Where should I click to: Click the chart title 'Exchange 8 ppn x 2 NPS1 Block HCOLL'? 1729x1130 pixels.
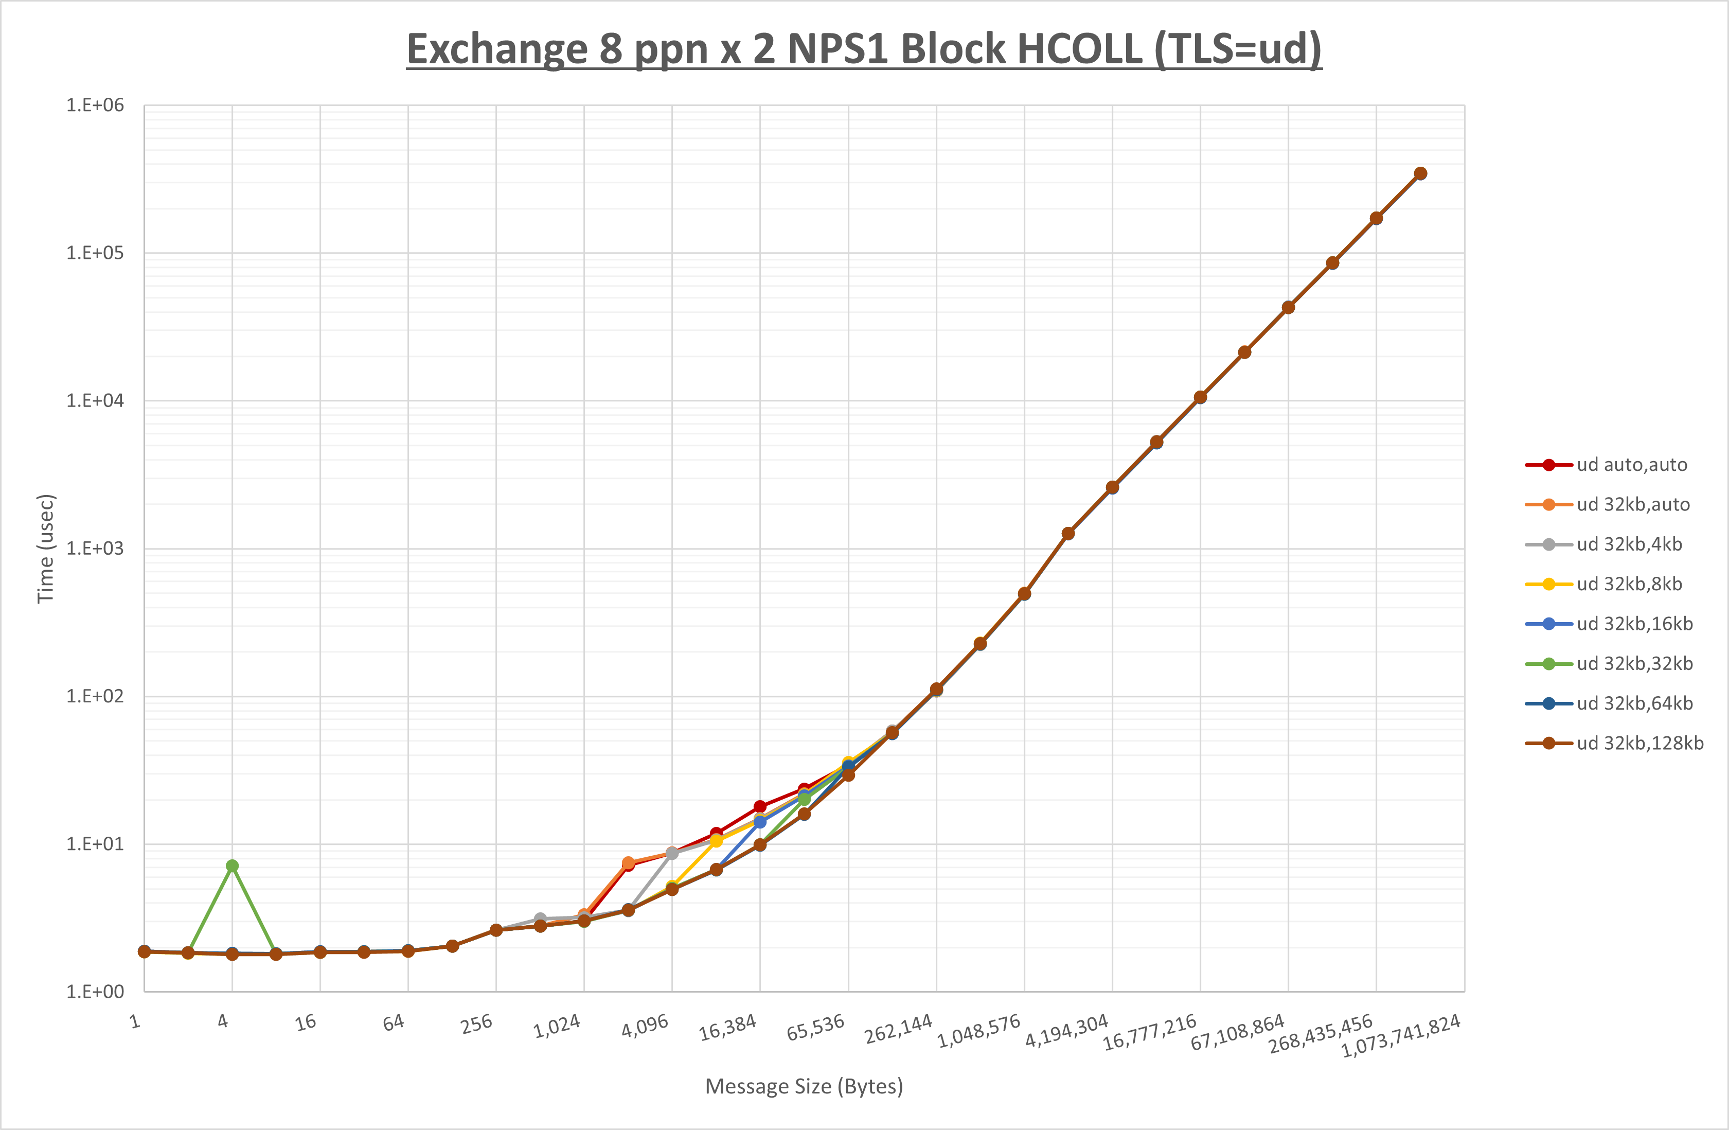pos(864,49)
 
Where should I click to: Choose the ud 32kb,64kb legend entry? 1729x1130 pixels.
pos(1634,703)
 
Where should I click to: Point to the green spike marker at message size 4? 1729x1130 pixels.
pos(231,866)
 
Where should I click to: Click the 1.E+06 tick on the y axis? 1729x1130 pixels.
pos(95,105)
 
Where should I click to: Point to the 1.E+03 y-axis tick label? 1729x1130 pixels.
pos(95,549)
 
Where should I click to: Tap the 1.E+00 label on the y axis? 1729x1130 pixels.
pos(95,992)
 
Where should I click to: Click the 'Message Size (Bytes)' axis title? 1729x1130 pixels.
pos(804,1086)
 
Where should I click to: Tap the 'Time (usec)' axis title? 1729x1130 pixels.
pos(45,549)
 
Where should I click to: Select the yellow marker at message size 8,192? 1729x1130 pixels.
pos(716,841)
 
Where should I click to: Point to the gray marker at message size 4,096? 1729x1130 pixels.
pos(672,853)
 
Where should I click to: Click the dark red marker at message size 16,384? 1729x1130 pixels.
pos(760,807)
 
